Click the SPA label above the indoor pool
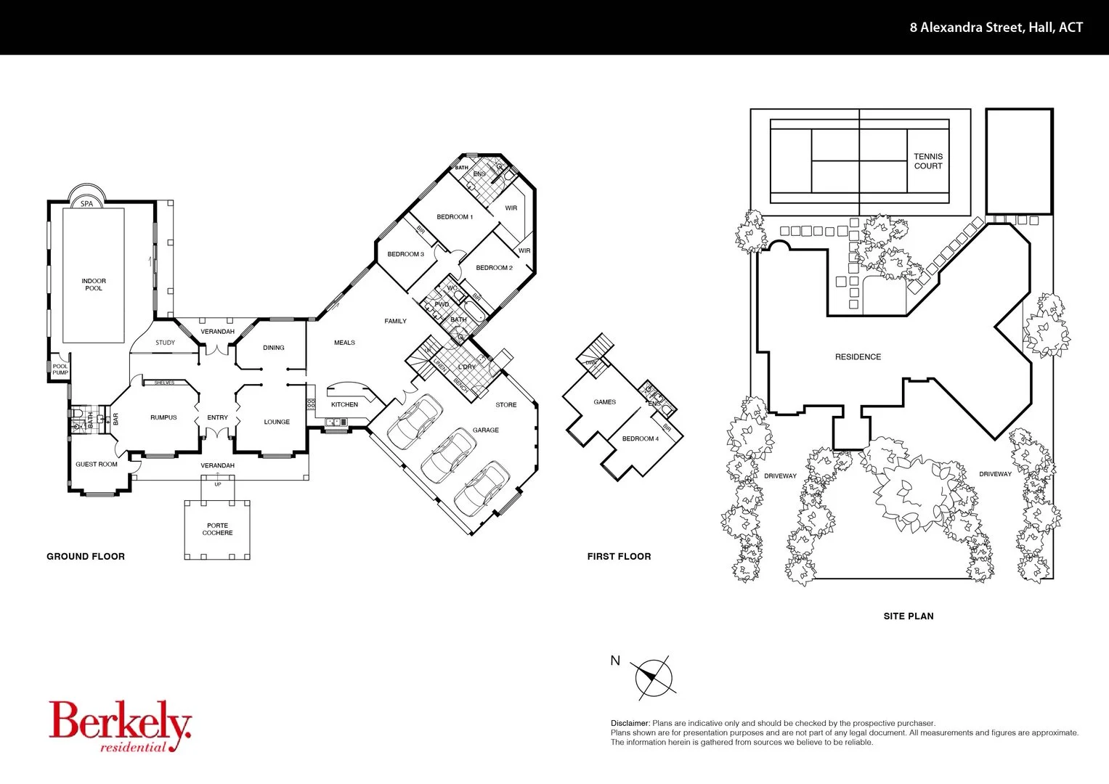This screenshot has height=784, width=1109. tap(86, 204)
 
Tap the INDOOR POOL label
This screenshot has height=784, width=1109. tap(94, 285)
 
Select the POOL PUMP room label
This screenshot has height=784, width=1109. tap(60, 369)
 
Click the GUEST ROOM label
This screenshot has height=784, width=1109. tap(97, 465)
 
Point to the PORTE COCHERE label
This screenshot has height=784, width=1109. tap(217, 529)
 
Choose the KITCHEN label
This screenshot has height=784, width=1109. tap(344, 404)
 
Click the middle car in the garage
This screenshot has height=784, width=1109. tap(449, 456)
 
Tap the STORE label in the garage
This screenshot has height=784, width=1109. tap(506, 405)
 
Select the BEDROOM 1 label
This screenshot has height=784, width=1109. tap(455, 217)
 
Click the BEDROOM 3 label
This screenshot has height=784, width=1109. tap(405, 254)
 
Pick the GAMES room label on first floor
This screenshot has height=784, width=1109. tap(604, 402)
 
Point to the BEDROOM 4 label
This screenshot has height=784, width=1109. tap(640, 438)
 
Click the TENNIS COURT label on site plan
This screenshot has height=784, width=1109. tap(928, 161)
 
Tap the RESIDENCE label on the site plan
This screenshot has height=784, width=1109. tap(858, 357)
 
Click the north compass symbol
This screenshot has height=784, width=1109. tap(654, 678)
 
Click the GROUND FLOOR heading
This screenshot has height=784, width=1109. tap(86, 557)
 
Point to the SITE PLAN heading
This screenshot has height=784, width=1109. tap(909, 616)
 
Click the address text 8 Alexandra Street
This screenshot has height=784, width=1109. tap(996, 28)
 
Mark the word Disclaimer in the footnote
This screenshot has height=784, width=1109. tap(630, 724)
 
